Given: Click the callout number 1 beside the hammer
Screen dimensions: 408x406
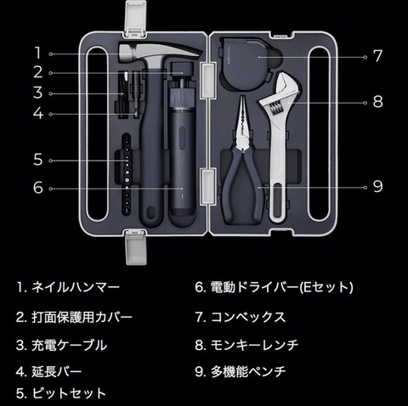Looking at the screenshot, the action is [x=37, y=54].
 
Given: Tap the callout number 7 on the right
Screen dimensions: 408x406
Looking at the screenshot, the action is [x=377, y=56].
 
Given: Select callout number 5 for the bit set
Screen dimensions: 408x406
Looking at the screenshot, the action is [x=38, y=160].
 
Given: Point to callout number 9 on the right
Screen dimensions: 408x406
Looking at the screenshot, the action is [x=377, y=186].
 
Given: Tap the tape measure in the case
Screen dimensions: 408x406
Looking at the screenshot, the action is [x=249, y=64].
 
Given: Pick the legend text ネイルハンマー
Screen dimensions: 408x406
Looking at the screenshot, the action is [x=76, y=287].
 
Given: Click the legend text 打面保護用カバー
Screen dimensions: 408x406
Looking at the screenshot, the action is [x=82, y=317].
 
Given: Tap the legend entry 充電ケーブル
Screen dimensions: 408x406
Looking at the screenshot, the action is [x=70, y=345].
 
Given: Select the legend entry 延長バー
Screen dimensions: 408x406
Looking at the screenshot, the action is [x=57, y=371].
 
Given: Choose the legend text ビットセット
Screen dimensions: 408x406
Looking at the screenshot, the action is [x=69, y=393].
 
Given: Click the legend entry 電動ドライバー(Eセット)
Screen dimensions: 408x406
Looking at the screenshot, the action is [x=281, y=287].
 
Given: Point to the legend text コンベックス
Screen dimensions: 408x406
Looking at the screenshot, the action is [x=248, y=317].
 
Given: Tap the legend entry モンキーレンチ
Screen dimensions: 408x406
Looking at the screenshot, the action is [x=254, y=345].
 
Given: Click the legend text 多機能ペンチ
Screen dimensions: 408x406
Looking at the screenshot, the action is [x=248, y=371].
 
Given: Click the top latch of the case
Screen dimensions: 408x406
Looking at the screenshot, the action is [x=136, y=19].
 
